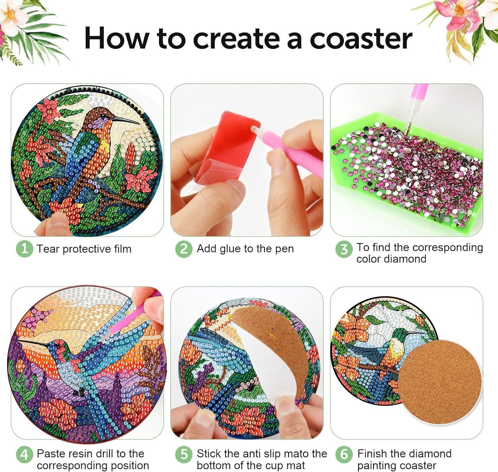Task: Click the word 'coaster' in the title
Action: [x=361, y=39]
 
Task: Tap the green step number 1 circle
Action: [x=25, y=249]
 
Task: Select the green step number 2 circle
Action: [x=184, y=249]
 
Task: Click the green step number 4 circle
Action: [x=25, y=454]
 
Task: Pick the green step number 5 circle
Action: [x=184, y=454]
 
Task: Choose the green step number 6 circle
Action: [x=344, y=454]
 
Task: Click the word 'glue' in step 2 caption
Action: [x=231, y=249]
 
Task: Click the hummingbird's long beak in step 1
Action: [x=128, y=120]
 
